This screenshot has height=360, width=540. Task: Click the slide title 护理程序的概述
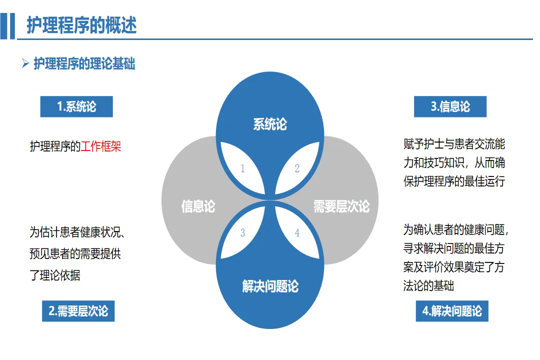pos(81,24)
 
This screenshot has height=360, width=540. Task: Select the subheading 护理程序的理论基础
pos(84,64)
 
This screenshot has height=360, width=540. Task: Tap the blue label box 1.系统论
pos(76,106)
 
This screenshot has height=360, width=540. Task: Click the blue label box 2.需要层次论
pos(78,310)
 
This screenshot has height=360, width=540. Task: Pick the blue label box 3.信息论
pos(450,106)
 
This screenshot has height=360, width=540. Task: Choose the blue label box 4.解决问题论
pos(452,310)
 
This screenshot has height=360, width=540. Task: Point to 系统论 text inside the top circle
pos(270,124)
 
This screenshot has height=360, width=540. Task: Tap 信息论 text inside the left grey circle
pos(198,206)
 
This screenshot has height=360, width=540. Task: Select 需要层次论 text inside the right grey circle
pos(341,206)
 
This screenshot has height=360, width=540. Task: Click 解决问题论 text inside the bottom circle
pos(270,286)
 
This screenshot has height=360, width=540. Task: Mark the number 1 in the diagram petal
pos(243,168)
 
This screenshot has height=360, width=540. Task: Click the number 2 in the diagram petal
pos(297,168)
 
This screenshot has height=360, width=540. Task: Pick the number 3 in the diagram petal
pos(243,233)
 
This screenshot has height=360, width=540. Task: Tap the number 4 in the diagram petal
pos(297,233)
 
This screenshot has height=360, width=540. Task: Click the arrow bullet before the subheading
pos(25,63)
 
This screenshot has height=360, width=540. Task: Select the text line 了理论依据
pos(55,274)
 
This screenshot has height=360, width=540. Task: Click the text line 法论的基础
pos(428,286)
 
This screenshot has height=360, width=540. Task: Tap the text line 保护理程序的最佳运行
pos(454,181)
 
